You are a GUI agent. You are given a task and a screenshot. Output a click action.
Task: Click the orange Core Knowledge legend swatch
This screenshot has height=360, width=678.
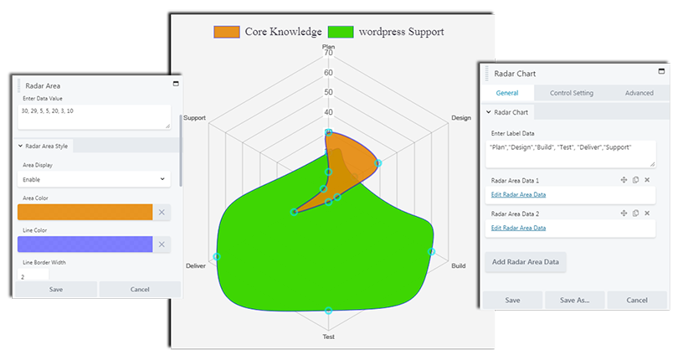pos(226,32)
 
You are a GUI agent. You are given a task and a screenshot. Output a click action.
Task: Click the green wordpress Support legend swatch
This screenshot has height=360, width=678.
pos(340,32)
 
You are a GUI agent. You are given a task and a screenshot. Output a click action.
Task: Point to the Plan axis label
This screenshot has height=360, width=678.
pos(328,47)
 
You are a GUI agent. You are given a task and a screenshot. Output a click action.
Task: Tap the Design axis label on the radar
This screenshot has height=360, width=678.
pos(460,118)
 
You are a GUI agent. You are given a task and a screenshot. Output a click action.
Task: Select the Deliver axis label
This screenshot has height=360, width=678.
pos(195,266)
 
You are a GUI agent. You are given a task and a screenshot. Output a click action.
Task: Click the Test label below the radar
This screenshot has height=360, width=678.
pos(328,337)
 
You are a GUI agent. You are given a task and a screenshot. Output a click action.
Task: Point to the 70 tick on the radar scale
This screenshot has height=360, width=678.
pos(328,54)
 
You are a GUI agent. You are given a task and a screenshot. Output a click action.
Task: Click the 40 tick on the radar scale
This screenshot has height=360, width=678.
pos(328,112)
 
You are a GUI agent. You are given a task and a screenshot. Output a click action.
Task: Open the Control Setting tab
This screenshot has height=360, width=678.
pos(571,93)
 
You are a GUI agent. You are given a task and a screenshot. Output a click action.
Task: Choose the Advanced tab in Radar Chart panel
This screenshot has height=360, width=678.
pos(639,93)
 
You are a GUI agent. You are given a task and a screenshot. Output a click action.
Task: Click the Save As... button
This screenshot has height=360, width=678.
pos(574,300)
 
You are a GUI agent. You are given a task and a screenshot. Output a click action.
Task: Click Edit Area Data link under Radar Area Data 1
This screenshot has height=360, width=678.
pos(518,194)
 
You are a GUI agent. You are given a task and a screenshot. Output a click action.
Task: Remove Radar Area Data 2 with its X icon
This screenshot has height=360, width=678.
pos(647,213)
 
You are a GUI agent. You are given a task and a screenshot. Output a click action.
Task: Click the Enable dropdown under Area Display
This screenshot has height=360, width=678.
pos(93,179)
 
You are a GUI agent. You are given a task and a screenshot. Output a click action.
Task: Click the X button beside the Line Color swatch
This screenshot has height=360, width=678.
pos(162,244)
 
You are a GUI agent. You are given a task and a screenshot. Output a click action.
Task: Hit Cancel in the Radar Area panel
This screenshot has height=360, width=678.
pos(139,289)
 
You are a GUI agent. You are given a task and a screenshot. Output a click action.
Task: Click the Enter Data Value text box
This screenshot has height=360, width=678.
pos(93,116)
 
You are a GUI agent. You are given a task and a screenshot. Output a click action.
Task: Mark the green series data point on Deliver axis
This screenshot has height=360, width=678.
pos(217,256)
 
